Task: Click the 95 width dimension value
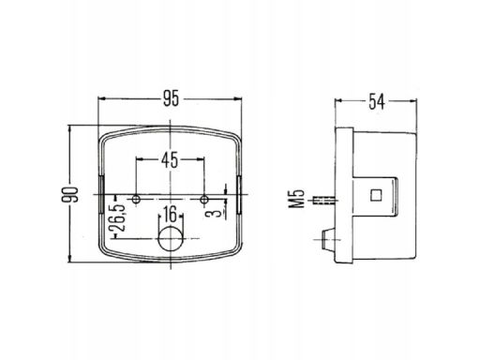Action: (171, 98)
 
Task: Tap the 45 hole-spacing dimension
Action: (170, 159)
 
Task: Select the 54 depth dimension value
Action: (376, 101)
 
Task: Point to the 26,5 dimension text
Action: (120, 217)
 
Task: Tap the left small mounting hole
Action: (136, 200)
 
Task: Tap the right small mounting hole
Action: (204, 200)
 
